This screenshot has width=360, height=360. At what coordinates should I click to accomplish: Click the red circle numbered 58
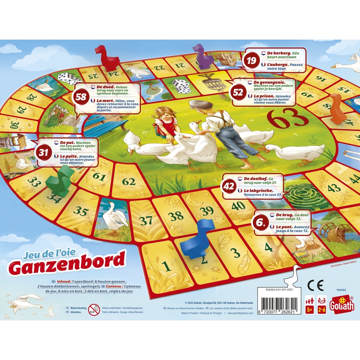point(82,97)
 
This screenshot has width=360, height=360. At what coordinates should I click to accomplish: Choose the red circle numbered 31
point(44,153)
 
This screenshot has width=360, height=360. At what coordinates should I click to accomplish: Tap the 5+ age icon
point(309,304)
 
